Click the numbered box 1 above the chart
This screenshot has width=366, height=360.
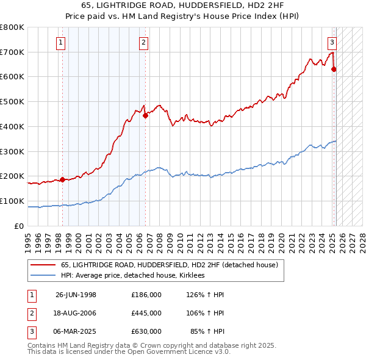point(62,42)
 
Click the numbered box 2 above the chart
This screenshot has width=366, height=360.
point(143,42)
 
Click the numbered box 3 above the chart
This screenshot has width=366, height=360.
point(332,42)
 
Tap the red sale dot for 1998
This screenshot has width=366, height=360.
point(62,180)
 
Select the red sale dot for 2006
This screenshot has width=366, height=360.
point(145,115)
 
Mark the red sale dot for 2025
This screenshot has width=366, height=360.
point(334,70)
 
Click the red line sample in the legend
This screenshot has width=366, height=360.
point(43,265)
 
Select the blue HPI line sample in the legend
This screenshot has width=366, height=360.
point(43,276)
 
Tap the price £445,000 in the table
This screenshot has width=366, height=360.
point(146,312)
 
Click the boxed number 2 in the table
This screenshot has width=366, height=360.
point(30,312)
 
